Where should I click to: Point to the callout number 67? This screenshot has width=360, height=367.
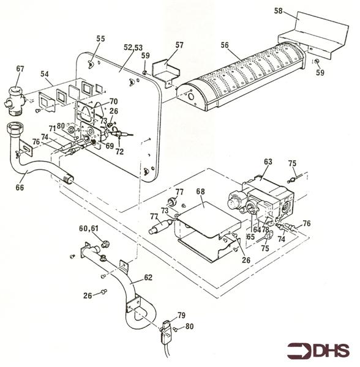20,70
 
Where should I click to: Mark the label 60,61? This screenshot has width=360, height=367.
90,228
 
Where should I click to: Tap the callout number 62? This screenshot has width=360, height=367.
149,276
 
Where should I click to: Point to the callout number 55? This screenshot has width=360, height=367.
100,39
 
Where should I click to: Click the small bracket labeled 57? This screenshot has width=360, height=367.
166,72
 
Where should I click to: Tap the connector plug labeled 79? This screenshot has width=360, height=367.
167,331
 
